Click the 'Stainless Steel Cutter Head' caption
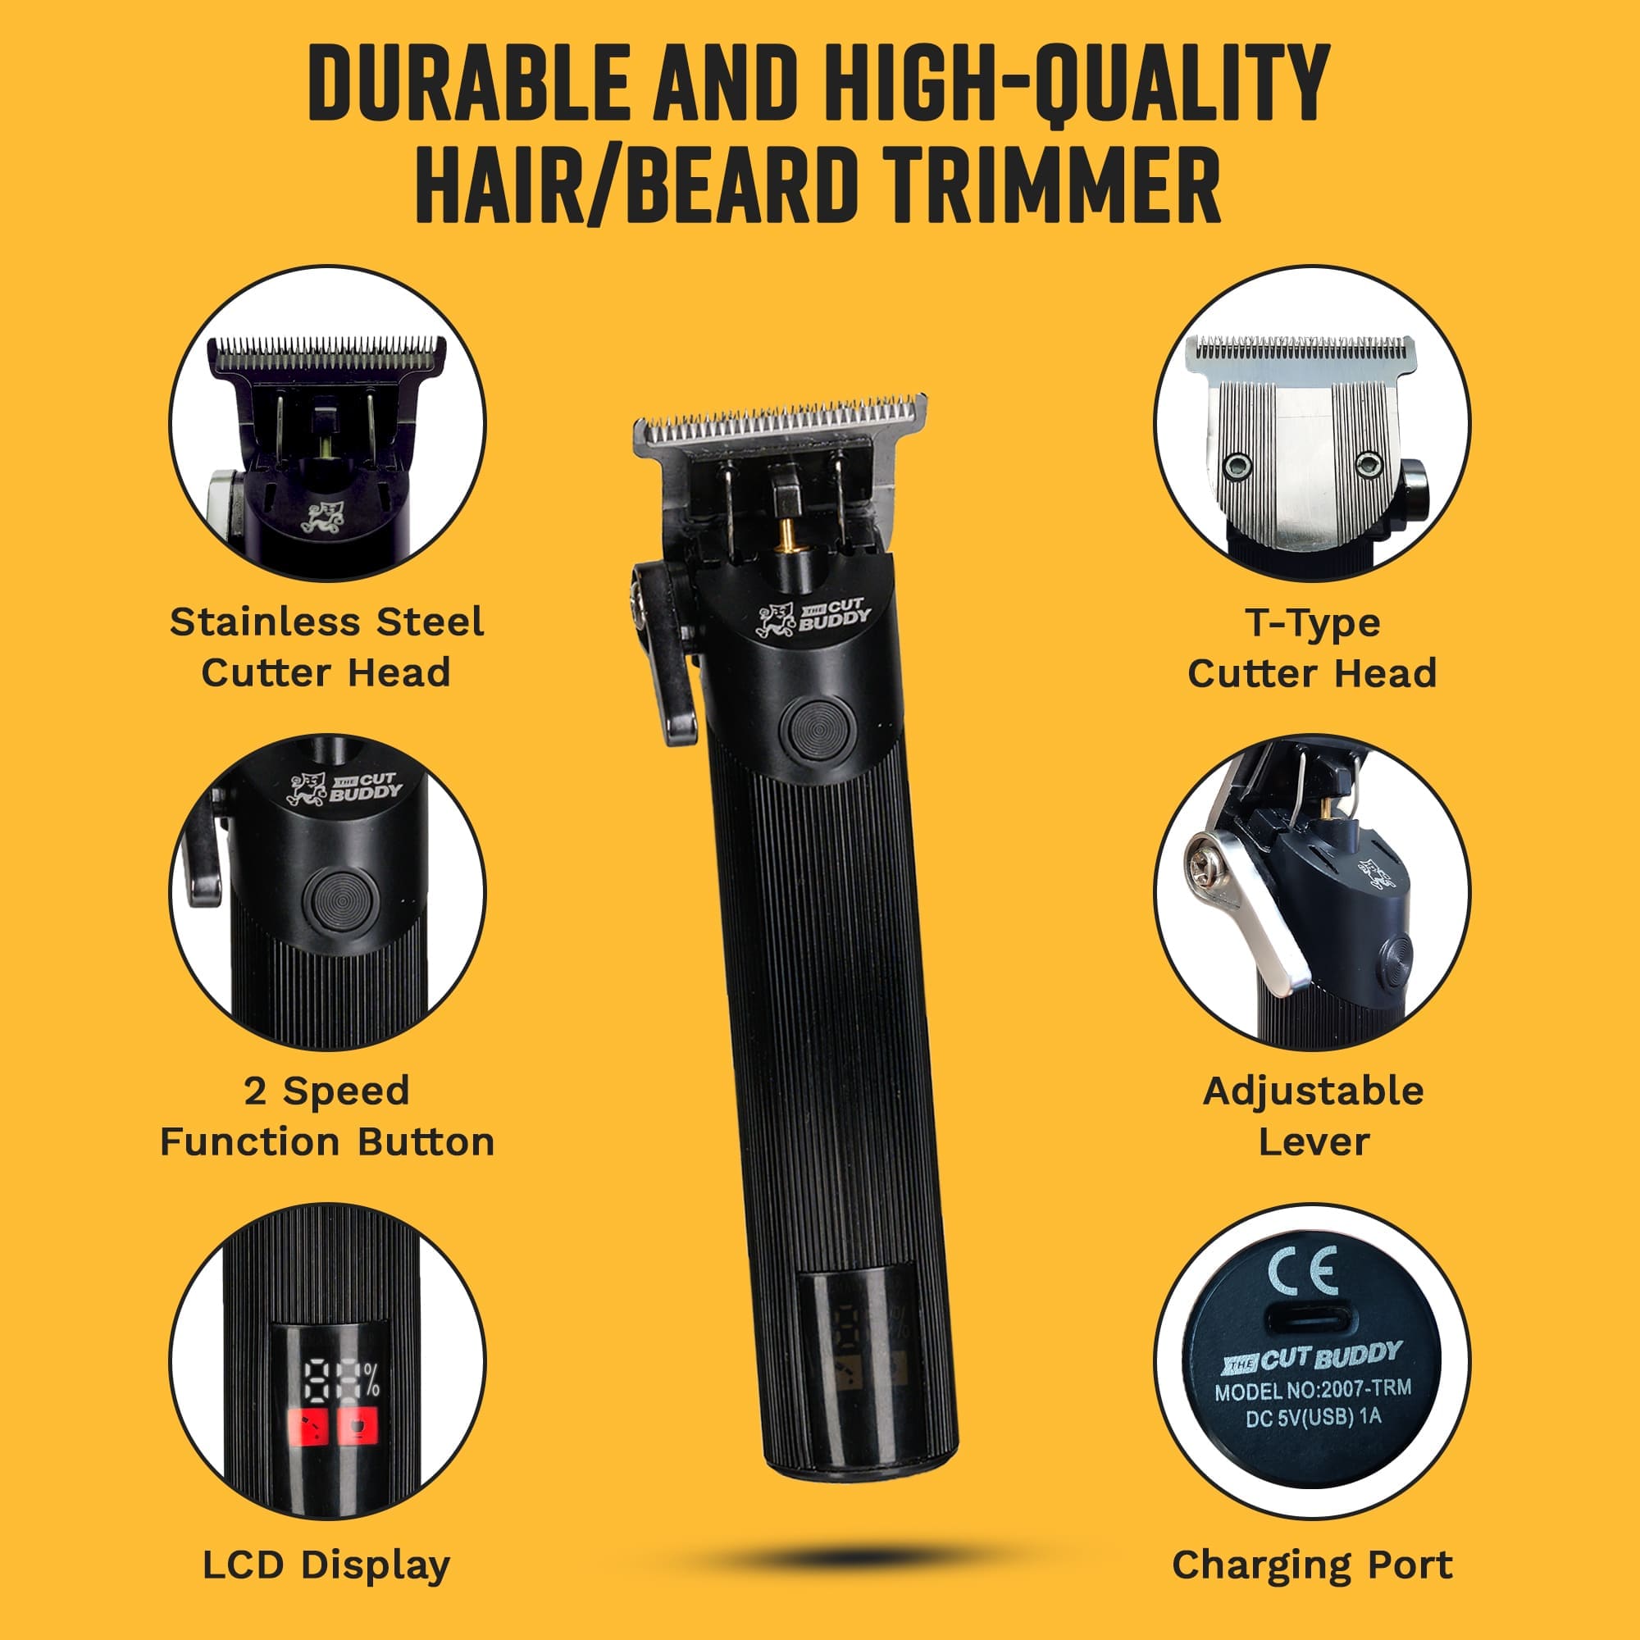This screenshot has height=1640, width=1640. (x=327, y=647)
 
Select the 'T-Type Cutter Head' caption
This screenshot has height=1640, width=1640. (x=1311, y=648)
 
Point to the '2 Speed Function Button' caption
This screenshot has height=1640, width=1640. (x=327, y=1116)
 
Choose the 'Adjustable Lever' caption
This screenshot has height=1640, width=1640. (x=1312, y=1116)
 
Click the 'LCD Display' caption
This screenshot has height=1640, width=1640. (x=326, y=1565)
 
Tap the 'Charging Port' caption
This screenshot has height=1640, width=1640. (x=1312, y=1565)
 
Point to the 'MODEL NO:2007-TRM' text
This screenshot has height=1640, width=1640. (x=1312, y=1391)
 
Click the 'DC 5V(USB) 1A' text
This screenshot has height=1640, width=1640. (x=1313, y=1418)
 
